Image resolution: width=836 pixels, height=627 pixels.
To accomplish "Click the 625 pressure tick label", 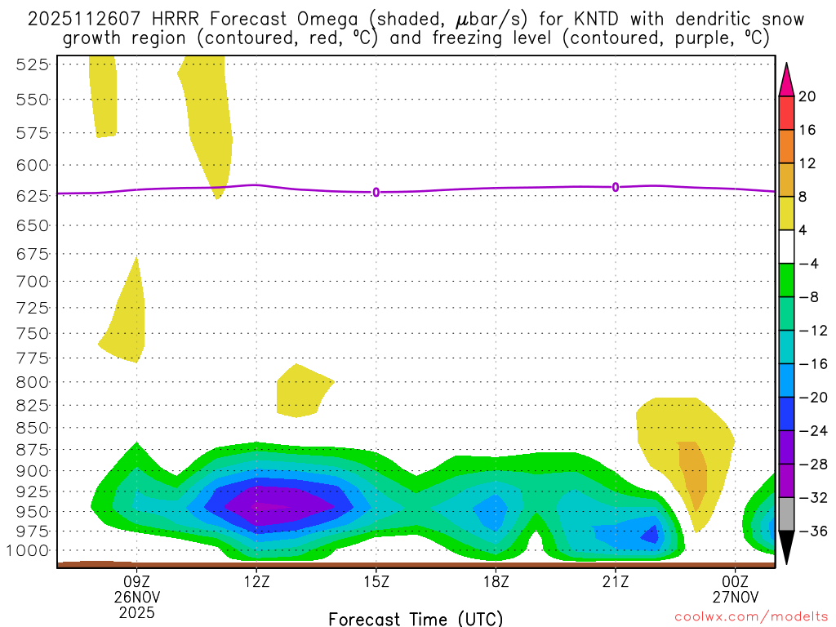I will point(32,195).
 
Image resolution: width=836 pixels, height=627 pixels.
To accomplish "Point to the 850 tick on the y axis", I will point(32,427).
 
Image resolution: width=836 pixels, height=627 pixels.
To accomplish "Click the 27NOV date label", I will point(735,595).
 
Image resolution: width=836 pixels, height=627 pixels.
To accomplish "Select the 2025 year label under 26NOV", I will point(136,611).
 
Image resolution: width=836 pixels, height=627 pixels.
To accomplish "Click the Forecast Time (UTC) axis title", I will point(416,619).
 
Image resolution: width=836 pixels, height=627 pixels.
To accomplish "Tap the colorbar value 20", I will point(807,96).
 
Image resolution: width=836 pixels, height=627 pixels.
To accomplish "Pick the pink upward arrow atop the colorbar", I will point(786,79).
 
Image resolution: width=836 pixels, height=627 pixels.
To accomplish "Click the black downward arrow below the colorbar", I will point(786,547).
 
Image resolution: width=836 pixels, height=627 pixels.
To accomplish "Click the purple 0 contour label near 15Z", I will point(376,192).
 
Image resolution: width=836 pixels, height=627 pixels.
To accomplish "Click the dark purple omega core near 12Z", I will point(269,505).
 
